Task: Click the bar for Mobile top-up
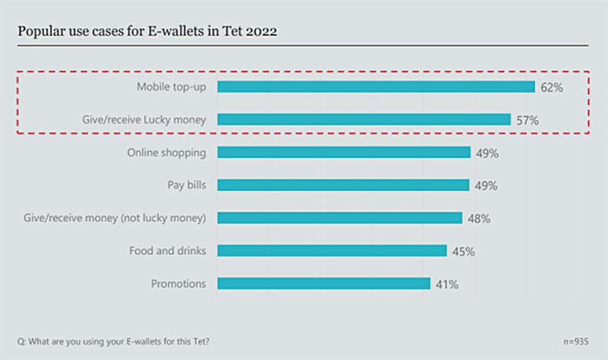(x=375, y=86)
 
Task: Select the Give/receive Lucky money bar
(x=364, y=119)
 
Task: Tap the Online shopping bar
(x=344, y=152)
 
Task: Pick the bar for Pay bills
(x=343, y=185)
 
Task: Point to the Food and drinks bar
(x=332, y=250)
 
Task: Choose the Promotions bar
(x=324, y=283)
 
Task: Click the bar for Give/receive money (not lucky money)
(x=339, y=217)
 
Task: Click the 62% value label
(x=551, y=87)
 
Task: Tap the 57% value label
(x=527, y=120)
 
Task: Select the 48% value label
(x=478, y=218)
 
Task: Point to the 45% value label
(x=463, y=251)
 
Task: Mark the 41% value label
(x=447, y=284)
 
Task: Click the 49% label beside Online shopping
(x=486, y=153)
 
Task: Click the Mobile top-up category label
(x=171, y=86)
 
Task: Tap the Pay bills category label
(x=186, y=185)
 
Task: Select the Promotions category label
(x=179, y=283)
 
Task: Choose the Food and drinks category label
(x=168, y=250)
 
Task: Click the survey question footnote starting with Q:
(x=113, y=341)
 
